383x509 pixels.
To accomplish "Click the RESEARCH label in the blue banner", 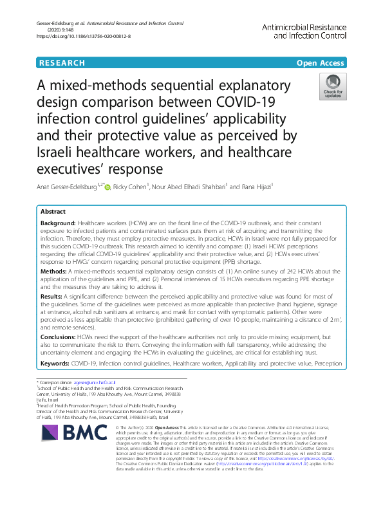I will (62, 63).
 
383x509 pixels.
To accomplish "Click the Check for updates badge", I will (333, 87).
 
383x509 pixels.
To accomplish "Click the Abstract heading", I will (53, 212).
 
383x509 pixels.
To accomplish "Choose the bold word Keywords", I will (55, 364).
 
